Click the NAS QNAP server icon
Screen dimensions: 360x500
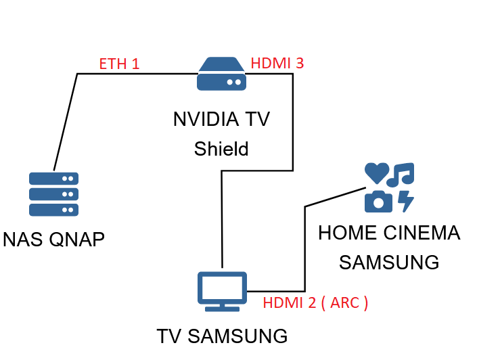pos(53,194)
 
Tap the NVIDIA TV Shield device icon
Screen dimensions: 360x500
pos(222,74)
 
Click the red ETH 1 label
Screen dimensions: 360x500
pos(119,64)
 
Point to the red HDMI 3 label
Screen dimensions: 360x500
pos(277,64)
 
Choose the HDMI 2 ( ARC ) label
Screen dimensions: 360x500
pos(315,302)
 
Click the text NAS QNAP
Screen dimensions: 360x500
pos(54,240)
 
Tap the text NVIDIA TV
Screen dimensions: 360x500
pos(221,120)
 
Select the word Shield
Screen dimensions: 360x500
pos(221,149)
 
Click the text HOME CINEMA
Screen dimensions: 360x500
pos(389,233)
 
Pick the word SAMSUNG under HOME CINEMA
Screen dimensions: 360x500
pos(389,262)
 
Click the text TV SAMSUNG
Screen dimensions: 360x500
pos(222,336)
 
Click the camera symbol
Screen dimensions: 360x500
pos(378,201)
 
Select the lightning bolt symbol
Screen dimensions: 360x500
pos(405,201)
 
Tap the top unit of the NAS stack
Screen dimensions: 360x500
pos(53,179)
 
